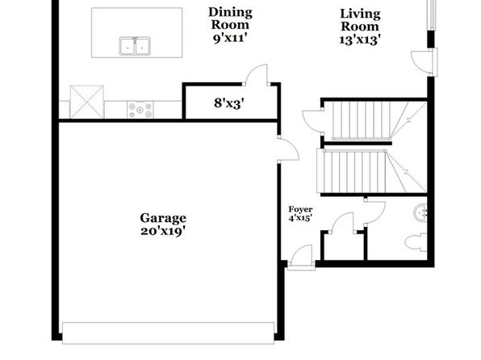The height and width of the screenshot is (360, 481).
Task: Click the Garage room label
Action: coord(163,218)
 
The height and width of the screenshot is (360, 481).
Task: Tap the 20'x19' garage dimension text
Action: coord(163,232)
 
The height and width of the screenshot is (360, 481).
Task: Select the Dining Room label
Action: coord(230,19)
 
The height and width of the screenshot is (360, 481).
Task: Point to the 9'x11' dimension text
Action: coord(230,39)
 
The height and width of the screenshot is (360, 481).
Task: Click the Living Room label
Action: coord(360,20)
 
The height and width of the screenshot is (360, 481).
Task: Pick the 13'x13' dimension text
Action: coord(360,40)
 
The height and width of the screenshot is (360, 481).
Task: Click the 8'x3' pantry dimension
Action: coord(229,103)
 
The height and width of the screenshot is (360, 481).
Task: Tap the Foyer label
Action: coord(300,210)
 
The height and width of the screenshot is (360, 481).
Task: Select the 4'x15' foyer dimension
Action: coord(300,218)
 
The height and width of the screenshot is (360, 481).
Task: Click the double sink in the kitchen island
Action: coord(135,46)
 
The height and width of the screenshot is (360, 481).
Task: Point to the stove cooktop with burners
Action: coord(140,110)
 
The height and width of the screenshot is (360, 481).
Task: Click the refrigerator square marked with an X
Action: coord(87,102)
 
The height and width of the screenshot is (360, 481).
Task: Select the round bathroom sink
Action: coord(420,212)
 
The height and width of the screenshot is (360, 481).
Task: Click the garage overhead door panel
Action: coord(168,333)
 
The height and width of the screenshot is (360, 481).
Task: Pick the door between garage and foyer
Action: coord(288,149)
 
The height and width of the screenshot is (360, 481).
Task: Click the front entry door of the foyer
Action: coord(302,257)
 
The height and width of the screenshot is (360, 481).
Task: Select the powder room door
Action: coord(374,212)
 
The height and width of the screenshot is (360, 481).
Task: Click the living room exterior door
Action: coord(425,62)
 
